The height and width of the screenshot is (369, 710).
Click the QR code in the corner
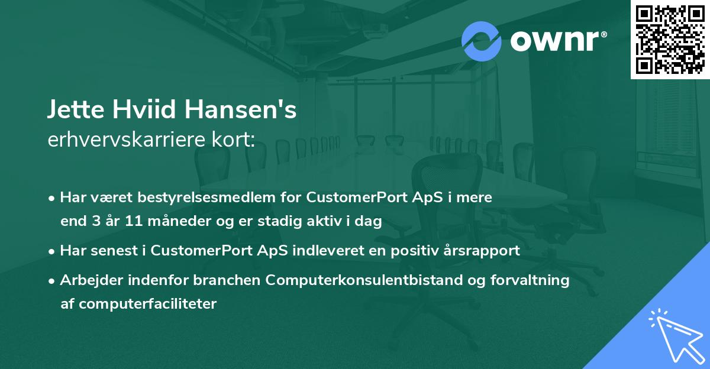(670, 39)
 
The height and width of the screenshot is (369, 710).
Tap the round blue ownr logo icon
(482, 41)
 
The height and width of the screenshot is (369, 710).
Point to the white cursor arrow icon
(676, 335)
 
